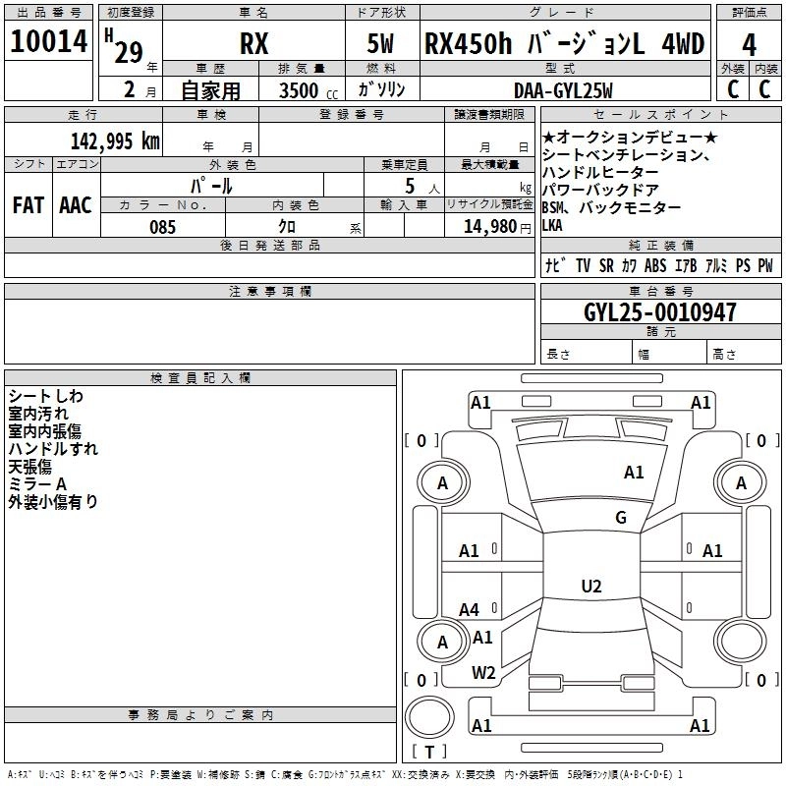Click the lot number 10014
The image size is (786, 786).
(49, 43)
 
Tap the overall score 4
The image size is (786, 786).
(750, 45)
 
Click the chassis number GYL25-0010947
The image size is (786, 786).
(660, 312)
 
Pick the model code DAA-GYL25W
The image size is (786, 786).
(563, 90)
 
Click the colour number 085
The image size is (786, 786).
(162, 227)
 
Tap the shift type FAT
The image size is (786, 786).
(27, 204)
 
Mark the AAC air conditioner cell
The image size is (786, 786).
(75, 204)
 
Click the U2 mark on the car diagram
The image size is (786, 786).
(590, 587)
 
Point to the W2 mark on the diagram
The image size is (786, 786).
(482, 673)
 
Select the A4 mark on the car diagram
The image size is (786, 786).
(469, 610)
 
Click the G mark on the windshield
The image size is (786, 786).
(620, 518)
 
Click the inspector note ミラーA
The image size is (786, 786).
(37, 483)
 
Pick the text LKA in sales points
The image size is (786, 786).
(553, 225)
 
